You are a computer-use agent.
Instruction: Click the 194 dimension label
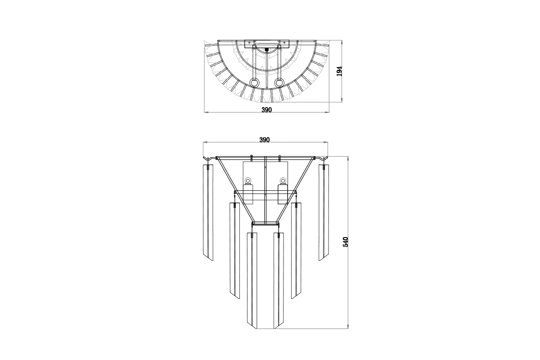click(x=339, y=71)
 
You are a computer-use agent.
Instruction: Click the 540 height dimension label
click(x=346, y=242)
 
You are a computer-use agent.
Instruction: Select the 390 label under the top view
click(x=266, y=110)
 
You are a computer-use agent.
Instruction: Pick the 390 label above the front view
click(x=265, y=140)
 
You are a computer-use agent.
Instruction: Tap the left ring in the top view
click(x=254, y=83)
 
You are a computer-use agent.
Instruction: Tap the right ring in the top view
click(x=279, y=83)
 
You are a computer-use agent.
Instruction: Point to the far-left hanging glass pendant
click(x=208, y=212)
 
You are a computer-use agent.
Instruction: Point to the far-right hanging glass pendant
click(x=324, y=212)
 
